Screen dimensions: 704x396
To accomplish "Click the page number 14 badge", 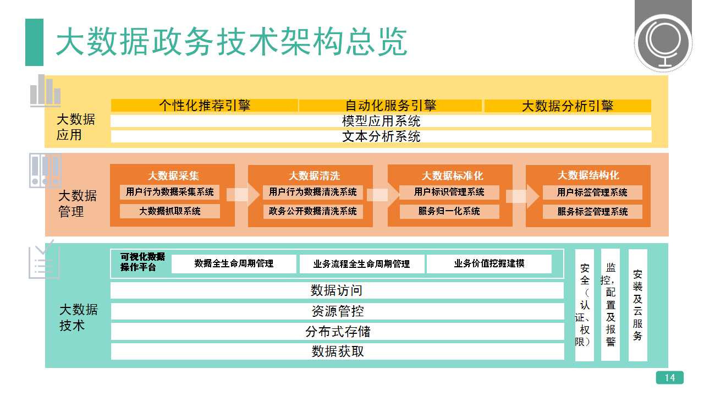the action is coord(670,377).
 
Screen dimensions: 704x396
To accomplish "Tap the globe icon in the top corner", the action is coord(663,43).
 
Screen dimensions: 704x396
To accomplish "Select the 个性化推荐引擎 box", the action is coord(204,105).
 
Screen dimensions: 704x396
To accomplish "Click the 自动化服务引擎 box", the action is coord(391,105).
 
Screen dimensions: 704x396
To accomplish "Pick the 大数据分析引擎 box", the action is coord(568,106).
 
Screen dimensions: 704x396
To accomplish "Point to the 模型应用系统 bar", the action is coord(381,121).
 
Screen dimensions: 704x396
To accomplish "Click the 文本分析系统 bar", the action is coord(381,136).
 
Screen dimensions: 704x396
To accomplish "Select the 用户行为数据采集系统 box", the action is coord(170,192).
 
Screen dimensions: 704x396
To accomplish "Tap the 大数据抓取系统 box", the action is coord(170,211).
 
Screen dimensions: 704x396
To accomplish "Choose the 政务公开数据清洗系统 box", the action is coord(313,211).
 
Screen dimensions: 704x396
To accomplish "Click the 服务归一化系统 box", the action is coord(449,211).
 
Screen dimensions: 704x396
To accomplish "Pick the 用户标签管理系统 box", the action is coord(592,193).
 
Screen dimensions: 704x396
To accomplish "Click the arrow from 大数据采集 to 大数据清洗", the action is coord(243,195).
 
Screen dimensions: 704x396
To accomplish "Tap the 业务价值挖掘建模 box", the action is coord(489,263).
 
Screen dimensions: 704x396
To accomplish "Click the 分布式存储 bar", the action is coord(338,332).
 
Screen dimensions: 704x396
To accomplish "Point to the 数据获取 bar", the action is coord(338,351).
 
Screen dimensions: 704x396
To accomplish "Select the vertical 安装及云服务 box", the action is coord(637,305).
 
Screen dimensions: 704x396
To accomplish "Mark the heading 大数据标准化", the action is coord(452,175).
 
